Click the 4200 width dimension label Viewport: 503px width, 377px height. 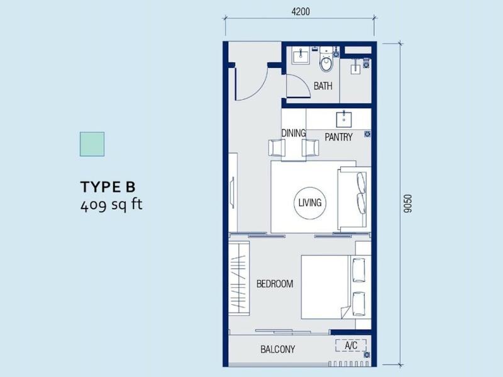pyautogui.click(x=301, y=11)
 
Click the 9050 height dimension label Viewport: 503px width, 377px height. pyautogui.click(x=407, y=204)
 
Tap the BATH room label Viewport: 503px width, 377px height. pyautogui.click(x=323, y=86)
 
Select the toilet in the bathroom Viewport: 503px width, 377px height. pyautogui.click(x=326, y=60)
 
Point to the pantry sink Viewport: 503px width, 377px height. pyautogui.click(x=344, y=119)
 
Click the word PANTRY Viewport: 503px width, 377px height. pyautogui.click(x=338, y=137)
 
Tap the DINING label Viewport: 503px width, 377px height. pyautogui.click(x=294, y=133)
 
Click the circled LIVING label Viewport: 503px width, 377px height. pyautogui.click(x=310, y=203)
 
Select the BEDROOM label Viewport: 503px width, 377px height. pyautogui.click(x=275, y=284)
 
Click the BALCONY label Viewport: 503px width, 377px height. pyautogui.click(x=278, y=349)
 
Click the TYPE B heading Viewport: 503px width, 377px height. pyautogui.click(x=108, y=187)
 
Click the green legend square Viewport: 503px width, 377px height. pyautogui.click(x=92, y=144)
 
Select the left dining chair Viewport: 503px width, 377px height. pyautogui.click(x=277, y=148)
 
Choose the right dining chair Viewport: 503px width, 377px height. pyautogui.click(x=310, y=148)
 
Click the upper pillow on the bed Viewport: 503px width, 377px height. pyautogui.click(x=358, y=270)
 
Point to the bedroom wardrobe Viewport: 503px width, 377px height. pyautogui.click(x=239, y=278)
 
